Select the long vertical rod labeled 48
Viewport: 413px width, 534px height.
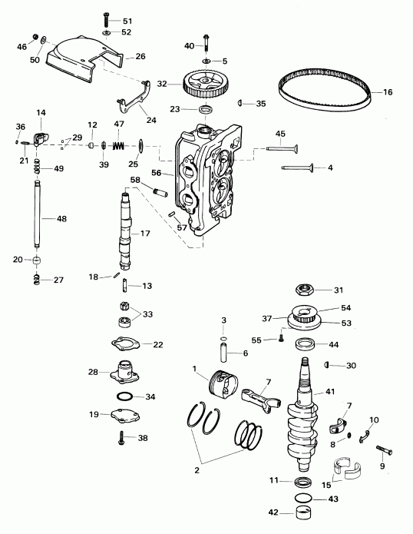click(38, 218)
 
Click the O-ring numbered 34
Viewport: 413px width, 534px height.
click(124, 397)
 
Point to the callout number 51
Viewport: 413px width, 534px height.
click(127, 20)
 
